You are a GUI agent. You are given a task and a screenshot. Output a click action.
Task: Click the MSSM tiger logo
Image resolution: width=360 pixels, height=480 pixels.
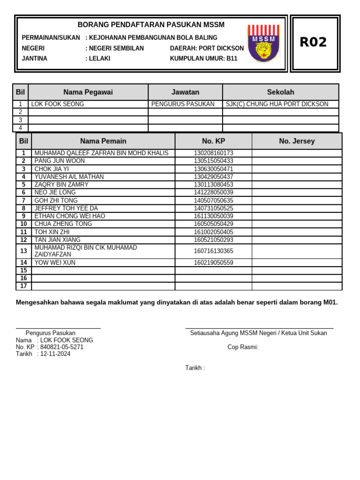[x=264, y=43]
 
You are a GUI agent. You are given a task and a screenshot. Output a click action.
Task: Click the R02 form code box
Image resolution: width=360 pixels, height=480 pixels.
[x=313, y=43]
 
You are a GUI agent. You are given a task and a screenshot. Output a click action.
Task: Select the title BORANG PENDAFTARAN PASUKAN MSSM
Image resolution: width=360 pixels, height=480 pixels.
[x=151, y=25]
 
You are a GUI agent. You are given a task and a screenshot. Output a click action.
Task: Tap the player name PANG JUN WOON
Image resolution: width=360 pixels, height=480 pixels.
[x=60, y=161]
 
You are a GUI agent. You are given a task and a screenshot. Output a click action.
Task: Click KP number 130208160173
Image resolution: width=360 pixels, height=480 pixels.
[x=213, y=153]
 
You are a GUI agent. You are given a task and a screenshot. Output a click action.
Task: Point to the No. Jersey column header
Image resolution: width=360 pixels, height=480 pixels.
[x=297, y=141]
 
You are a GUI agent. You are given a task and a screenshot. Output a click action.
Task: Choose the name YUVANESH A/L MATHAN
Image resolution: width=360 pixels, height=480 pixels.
[x=69, y=177]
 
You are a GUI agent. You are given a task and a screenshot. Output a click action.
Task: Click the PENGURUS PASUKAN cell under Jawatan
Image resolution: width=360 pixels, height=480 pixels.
[x=183, y=104]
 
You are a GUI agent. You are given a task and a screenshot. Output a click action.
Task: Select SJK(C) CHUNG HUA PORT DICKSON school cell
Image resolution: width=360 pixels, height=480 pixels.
[x=277, y=104]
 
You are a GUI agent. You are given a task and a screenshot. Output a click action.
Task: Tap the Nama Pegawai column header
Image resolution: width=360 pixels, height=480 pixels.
[x=88, y=92]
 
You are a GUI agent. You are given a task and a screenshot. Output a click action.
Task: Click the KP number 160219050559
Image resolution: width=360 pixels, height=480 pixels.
[x=213, y=263]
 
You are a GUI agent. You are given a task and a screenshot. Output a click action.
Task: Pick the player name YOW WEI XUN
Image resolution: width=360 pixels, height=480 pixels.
[x=55, y=263]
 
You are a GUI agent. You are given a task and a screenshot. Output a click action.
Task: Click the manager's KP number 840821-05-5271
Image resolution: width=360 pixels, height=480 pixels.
[x=62, y=347]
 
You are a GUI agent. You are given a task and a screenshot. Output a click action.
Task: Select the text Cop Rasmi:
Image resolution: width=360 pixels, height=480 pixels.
[x=243, y=347]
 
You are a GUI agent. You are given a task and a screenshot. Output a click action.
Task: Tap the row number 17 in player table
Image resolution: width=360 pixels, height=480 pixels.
[x=23, y=286]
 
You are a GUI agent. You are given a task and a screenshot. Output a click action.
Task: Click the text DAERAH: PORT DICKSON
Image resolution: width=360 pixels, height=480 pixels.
[x=207, y=48]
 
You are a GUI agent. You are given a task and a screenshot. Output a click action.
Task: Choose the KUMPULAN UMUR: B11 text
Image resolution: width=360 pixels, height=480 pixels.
[x=204, y=59]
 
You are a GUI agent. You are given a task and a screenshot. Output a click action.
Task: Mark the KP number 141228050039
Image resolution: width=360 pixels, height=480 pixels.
[x=213, y=192]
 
